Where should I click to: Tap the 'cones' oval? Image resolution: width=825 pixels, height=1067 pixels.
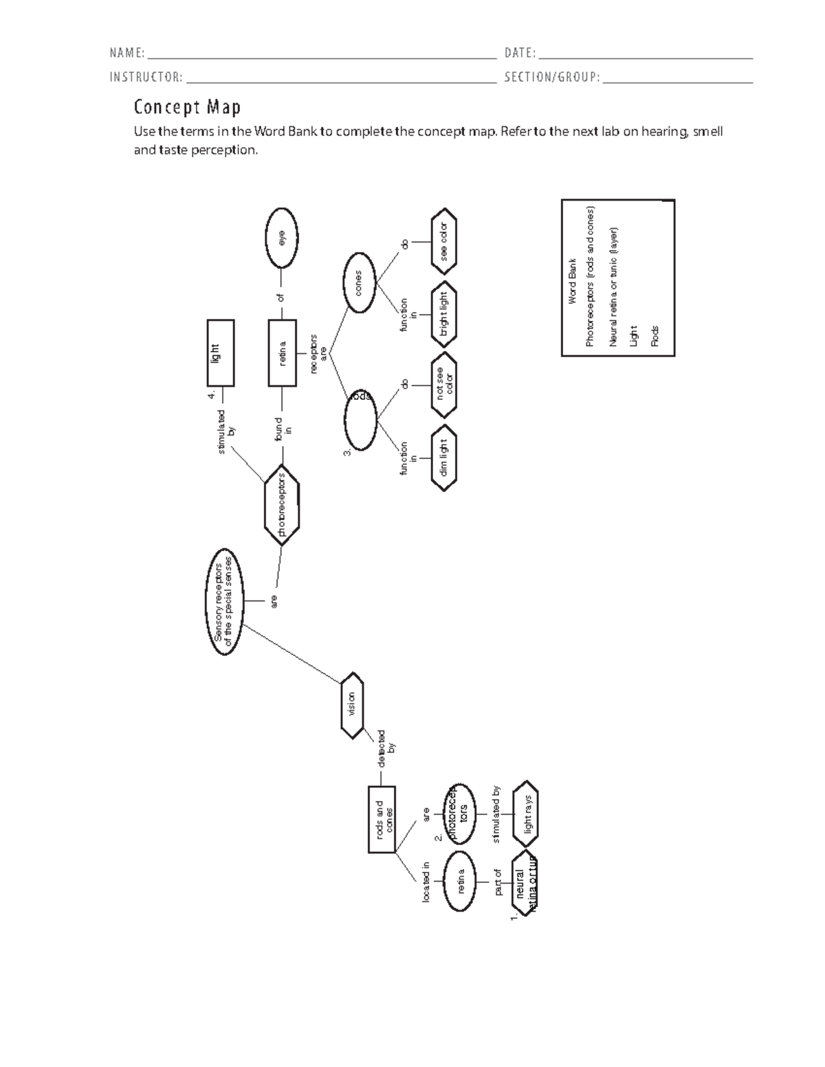359,282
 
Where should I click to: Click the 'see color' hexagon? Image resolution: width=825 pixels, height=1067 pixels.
444,241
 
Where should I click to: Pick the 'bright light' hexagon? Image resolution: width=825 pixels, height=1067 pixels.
444,314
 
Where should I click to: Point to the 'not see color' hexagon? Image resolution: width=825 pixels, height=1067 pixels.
444,385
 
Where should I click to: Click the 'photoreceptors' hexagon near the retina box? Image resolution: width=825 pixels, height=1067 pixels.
281,505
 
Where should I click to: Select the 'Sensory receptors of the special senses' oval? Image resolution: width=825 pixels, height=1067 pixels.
224,603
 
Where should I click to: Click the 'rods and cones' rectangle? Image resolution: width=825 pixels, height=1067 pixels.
382,820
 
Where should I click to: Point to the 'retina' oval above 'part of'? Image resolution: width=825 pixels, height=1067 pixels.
460,881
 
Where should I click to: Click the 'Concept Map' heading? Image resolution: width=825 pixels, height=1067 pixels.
187,107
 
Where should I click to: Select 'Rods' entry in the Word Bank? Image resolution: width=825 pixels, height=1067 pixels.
654,336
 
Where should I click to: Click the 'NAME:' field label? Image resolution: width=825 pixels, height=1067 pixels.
127,54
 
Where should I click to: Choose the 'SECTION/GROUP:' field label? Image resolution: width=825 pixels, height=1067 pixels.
552,77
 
